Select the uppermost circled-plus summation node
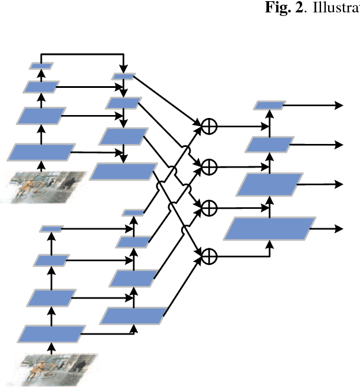(210, 126)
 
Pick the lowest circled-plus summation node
(210, 255)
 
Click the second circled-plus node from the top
(210, 167)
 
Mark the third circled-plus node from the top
(210, 207)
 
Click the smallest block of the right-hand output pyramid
(270, 105)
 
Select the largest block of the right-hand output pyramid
(269, 228)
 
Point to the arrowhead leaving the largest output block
(339, 228)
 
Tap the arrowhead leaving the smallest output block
(339, 105)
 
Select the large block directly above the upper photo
(41, 152)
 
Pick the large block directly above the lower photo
(50, 334)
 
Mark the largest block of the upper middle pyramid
(122, 171)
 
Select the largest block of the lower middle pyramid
(133, 316)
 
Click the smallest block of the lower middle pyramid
(133, 212)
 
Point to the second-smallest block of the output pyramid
(269, 145)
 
